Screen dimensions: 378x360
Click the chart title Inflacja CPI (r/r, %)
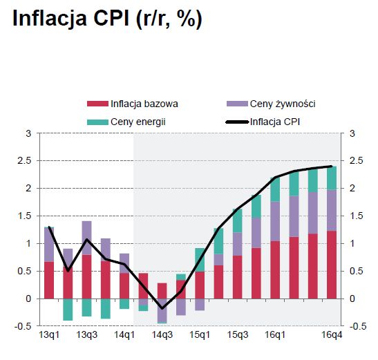click(x=107, y=19)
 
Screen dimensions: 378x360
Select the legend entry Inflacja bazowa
click(x=133, y=104)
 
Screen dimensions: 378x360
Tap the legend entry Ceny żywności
click(x=271, y=104)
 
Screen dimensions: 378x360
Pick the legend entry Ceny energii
click(x=126, y=122)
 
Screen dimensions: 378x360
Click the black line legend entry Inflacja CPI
click(x=263, y=122)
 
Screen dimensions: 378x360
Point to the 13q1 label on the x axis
click(x=49, y=335)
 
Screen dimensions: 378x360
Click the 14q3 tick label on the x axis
click(x=162, y=335)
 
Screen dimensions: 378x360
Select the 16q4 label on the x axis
click(x=332, y=335)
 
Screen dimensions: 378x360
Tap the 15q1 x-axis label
click(x=200, y=335)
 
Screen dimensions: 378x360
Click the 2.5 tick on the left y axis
click(x=25, y=160)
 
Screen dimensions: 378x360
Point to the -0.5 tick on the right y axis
click(x=358, y=326)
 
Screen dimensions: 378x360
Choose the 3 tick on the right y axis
click(x=352, y=133)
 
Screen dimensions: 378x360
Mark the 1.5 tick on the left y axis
click(x=25, y=216)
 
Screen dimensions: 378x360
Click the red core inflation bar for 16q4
click(x=332, y=265)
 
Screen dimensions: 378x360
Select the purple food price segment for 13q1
click(x=49, y=245)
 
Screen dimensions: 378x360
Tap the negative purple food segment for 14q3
click(x=162, y=310)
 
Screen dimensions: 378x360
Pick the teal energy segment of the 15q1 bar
click(x=200, y=260)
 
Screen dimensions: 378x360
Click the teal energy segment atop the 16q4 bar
click(x=332, y=178)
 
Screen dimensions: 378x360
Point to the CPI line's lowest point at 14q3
click(x=162, y=308)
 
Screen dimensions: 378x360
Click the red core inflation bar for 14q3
click(x=162, y=291)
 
